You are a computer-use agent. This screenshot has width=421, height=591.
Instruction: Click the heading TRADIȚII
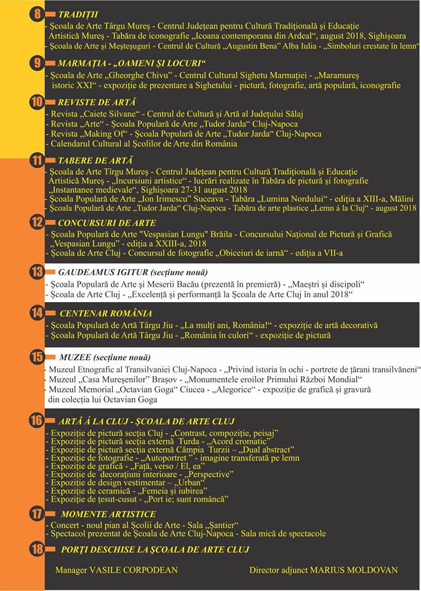pyautogui.click(x=78, y=14)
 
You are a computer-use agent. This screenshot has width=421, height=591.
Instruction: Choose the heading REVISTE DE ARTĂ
pyautogui.click(x=97, y=102)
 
